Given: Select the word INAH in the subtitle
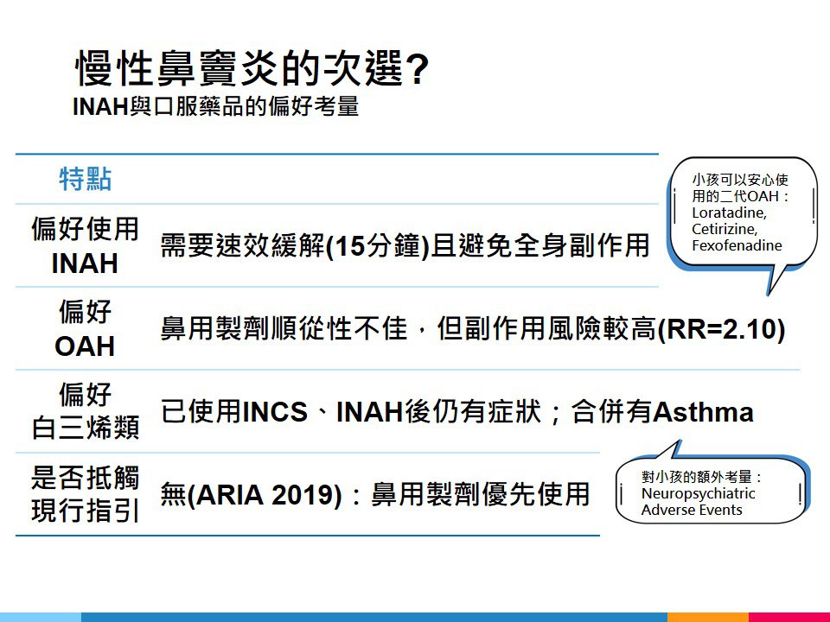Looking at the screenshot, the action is pyautogui.click(x=100, y=107).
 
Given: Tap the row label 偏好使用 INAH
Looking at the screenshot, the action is pyautogui.click(x=86, y=245).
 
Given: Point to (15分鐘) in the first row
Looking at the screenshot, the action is pyautogui.click(x=378, y=245).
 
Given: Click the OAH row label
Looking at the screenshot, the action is pyautogui.click(x=85, y=346).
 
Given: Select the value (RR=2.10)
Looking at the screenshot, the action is pyautogui.click(x=721, y=328).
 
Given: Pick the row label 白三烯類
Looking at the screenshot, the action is pyautogui.click(x=86, y=428).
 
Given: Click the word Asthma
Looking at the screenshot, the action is pyautogui.click(x=704, y=411).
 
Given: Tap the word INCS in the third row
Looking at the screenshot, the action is pyautogui.click(x=275, y=411).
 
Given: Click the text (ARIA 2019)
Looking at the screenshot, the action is pyautogui.click(x=265, y=494).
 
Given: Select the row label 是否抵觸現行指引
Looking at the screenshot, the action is pyautogui.click(x=86, y=494).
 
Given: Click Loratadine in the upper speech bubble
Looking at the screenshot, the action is pyautogui.click(x=729, y=213).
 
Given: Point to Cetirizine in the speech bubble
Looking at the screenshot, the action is pyautogui.click(x=725, y=229).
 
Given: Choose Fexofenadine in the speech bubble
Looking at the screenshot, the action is pyautogui.click(x=737, y=245).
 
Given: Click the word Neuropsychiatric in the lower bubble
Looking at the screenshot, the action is pyautogui.click(x=699, y=493).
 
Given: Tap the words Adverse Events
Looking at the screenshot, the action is pyautogui.click(x=692, y=510).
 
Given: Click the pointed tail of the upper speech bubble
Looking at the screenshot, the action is pyautogui.click(x=769, y=294).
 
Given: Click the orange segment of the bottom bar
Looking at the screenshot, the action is pyautogui.click(x=708, y=617).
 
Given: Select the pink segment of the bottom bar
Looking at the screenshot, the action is pyautogui.click(x=789, y=617).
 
